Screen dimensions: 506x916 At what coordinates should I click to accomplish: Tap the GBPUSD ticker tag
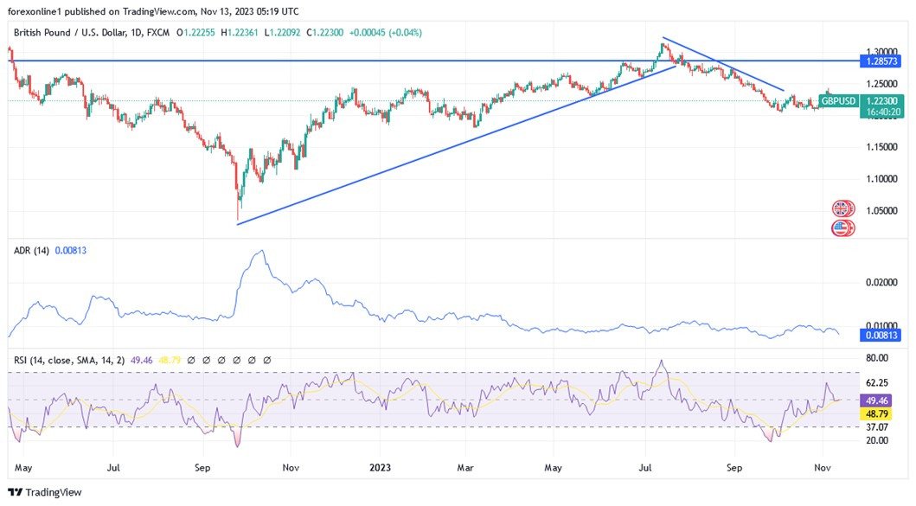point(838,101)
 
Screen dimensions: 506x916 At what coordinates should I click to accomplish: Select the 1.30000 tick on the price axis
point(881,51)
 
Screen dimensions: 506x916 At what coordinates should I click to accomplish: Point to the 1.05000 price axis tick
point(881,211)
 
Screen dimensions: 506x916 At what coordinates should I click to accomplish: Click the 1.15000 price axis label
point(881,147)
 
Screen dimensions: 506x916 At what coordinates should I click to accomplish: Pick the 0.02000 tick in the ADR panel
point(881,283)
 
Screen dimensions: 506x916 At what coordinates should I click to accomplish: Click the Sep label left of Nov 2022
point(202,467)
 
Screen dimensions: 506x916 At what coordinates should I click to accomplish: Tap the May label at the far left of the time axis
point(23,467)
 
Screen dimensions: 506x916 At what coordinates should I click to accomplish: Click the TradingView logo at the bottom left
point(44,492)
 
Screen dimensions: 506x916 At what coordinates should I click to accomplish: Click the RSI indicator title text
point(69,359)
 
